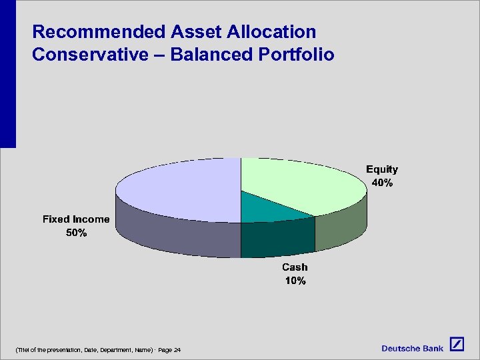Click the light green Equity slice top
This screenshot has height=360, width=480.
pyautogui.click(x=300, y=183)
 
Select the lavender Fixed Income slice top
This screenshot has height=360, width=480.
pyautogui.click(x=180, y=190)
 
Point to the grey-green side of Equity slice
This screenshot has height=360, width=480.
pyautogui.click(x=340, y=223)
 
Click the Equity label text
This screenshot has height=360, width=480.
pyautogui.click(x=381, y=169)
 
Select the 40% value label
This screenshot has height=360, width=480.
pyautogui.click(x=381, y=183)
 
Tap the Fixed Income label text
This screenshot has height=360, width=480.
pyautogui.click(x=75, y=219)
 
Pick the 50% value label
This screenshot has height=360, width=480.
pyautogui.click(x=75, y=233)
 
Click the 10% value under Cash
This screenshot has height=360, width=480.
pyautogui.click(x=295, y=281)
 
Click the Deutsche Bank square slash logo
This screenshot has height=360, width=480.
pyautogui.click(x=456, y=344)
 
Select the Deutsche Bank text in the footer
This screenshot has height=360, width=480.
pyautogui.click(x=412, y=349)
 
